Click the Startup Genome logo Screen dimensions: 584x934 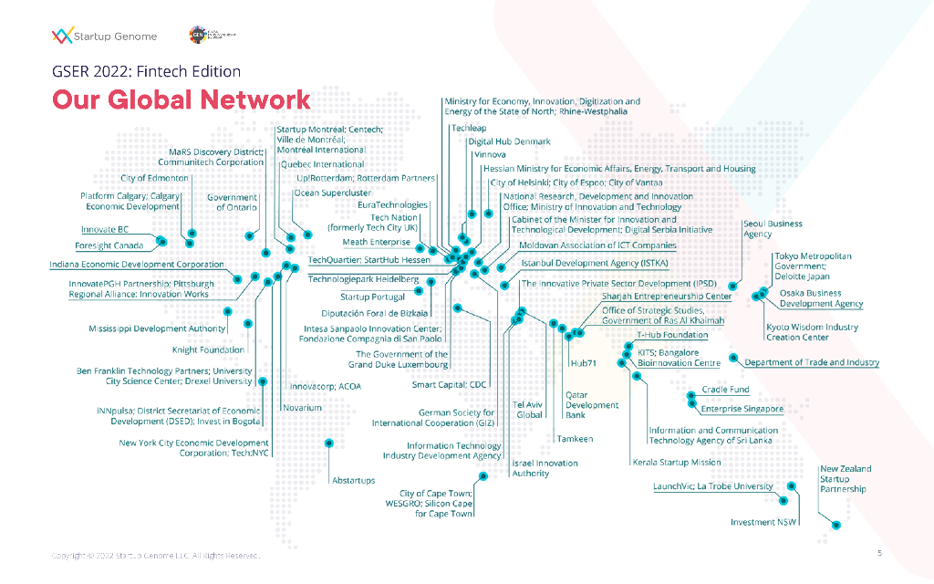[104, 36]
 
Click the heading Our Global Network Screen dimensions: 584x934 [181, 99]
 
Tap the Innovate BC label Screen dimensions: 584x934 [106, 230]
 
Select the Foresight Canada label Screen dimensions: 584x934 [109, 246]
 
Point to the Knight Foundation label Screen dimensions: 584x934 [208, 349]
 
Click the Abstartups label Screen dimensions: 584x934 [354, 480]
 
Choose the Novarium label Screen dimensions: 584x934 [303, 408]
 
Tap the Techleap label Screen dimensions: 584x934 [469, 129]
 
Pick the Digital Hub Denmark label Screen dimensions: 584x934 [509, 141]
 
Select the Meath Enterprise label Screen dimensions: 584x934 [377, 243]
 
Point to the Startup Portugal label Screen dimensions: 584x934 [372, 297]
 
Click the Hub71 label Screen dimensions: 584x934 [583, 363]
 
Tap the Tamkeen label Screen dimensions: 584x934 [575, 439]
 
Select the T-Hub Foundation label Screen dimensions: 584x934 [672, 336]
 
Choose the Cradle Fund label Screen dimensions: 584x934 [725, 390]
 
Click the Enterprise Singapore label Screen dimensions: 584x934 [742, 409]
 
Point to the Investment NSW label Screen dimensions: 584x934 [764, 523]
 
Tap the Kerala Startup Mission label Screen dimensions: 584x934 [676, 463]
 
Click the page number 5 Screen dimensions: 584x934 [879, 553]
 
